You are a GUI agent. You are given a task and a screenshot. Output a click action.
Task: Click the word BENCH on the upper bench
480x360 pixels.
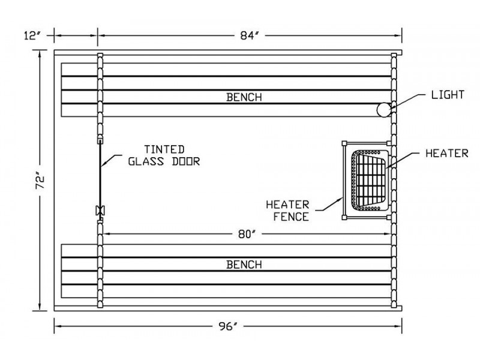(244, 97)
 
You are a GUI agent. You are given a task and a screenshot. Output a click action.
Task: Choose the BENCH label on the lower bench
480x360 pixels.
(244, 265)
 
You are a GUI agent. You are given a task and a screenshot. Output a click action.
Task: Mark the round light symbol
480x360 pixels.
(383, 109)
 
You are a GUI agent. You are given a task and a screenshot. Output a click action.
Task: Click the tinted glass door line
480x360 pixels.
(100, 174)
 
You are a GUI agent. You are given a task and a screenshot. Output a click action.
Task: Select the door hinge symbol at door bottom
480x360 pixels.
(100, 211)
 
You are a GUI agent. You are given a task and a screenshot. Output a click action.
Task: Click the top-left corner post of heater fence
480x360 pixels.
(344, 143)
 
